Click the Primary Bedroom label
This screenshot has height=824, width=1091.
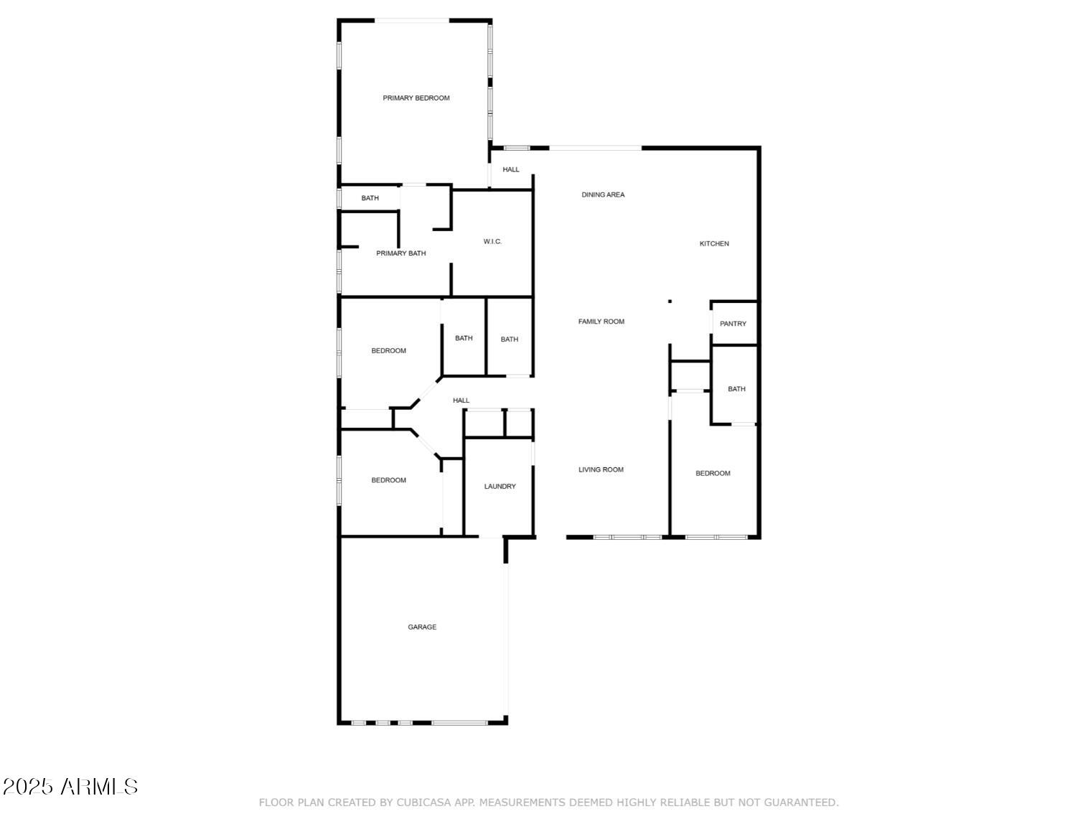(x=416, y=98)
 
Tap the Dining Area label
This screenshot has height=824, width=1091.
(x=602, y=195)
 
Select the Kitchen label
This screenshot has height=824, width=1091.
(x=713, y=244)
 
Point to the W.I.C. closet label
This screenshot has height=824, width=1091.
(x=492, y=242)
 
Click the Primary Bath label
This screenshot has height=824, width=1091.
(x=401, y=253)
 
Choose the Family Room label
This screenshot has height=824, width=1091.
(x=601, y=322)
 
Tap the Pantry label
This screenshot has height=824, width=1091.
(x=733, y=324)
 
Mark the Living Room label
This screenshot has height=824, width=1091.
(x=601, y=470)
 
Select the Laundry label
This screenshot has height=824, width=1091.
(x=500, y=487)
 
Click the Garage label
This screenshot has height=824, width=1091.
(x=422, y=627)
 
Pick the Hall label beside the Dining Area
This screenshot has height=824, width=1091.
(x=511, y=170)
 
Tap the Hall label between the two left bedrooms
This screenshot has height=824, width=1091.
(x=461, y=401)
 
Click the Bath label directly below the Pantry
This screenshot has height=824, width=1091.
(x=736, y=389)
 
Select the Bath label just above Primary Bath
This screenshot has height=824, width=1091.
(x=370, y=198)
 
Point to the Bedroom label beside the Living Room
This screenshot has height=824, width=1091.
(x=713, y=474)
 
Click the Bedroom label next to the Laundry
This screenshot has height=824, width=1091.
(x=388, y=481)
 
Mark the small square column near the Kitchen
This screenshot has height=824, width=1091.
(x=670, y=301)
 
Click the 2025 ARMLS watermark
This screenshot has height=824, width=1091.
(x=70, y=787)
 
